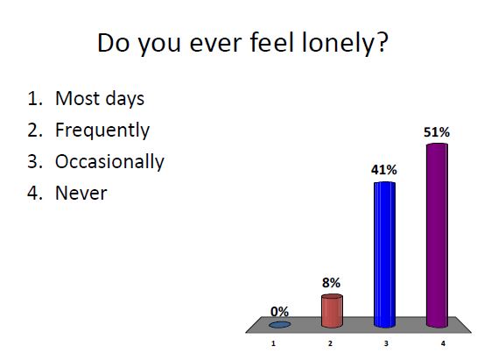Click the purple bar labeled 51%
tap(436, 236)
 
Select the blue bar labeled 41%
tap(384, 254)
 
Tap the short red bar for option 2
tap(332, 310)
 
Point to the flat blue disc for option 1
tap(280, 324)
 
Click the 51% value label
tap(436, 132)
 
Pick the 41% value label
tap(384, 169)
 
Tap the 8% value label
tap(331, 283)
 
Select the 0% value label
tap(280, 311)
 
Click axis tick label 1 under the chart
tap(275, 344)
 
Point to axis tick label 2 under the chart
tap(329, 344)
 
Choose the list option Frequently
tap(102, 131)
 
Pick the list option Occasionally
tap(109, 162)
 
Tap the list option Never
tap(81, 193)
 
